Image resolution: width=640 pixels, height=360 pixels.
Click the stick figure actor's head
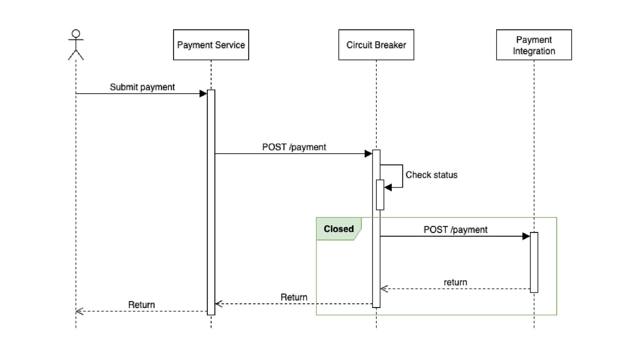(76, 34)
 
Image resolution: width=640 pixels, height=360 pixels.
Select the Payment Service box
(211, 45)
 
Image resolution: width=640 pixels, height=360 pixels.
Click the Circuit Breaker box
(376, 45)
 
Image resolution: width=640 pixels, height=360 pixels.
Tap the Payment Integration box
(534, 45)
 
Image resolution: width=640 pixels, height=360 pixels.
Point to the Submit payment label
(142, 87)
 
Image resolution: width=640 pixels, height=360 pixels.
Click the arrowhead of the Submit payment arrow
(203, 94)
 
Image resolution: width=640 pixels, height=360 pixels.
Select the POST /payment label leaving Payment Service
(294, 147)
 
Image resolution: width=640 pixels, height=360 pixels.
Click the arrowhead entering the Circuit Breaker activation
(368, 154)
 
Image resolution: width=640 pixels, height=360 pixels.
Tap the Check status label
(431, 175)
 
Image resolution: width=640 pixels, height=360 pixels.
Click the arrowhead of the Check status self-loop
(388, 187)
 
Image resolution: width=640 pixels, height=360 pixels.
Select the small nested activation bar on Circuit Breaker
(380, 195)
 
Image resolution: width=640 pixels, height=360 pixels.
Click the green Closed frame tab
(339, 229)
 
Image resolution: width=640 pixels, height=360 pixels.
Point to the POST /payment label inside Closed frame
(455, 230)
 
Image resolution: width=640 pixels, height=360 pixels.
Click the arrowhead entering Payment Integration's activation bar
(526, 236)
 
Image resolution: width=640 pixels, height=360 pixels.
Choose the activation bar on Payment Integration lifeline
(534, 262)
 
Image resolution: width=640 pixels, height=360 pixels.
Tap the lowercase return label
(455, 282)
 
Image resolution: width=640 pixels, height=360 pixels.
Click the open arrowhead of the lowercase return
(384, 289)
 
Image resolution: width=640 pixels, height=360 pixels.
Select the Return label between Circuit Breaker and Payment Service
(294, 297)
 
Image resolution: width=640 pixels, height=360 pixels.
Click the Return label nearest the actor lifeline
(141, 305)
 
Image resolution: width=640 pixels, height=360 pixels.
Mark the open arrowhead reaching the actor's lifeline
(79, 311)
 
